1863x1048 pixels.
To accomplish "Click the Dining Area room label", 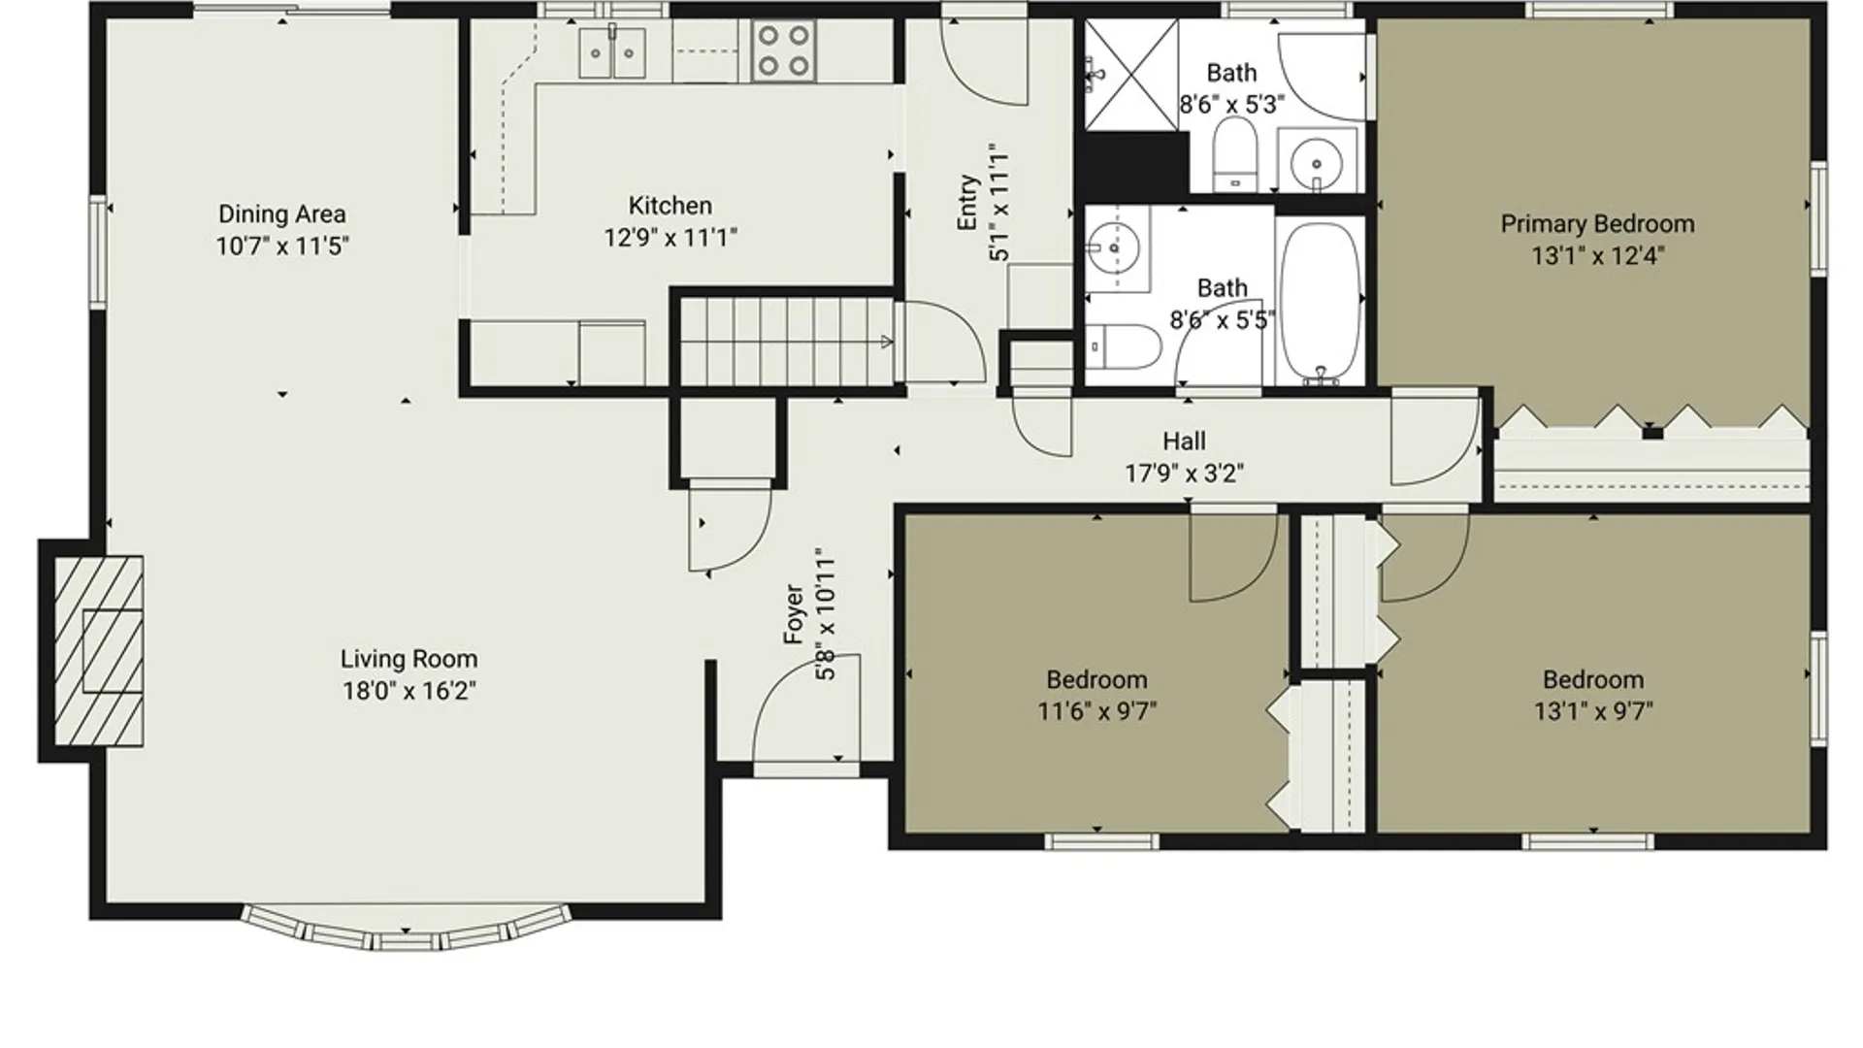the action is pyautogui.click(x=281, y=213).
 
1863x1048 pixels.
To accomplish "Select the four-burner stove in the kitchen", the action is pyautogui.click(x=783, y=50).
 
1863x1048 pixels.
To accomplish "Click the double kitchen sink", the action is pyautogui.click(x=612, y=51).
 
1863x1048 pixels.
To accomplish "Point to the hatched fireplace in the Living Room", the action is pyautogui.click(x=98, y=650).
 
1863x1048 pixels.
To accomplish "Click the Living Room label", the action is pyautogui.click(x=409, y=659).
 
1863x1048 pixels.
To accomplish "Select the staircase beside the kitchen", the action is pyautogui.click(x=786, y=342).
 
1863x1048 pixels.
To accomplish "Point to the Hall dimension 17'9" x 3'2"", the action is pyautogui.click(x=1184, y=474).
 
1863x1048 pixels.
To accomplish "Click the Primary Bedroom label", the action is pyautogui.click(x=1597, y=224).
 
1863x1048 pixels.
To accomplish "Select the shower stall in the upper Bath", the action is pyautogui.click(x=1130, y=76).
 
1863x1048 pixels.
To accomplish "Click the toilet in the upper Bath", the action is pyautogui.click(x=1235, y=156).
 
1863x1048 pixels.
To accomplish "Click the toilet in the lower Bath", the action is pyautogui.click(x=1124, y=346).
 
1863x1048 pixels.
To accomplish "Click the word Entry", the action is pyautogui.click(x=967, y=203).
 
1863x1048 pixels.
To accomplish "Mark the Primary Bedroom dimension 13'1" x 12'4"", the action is pyautogui.click(x=1598, y=256).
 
